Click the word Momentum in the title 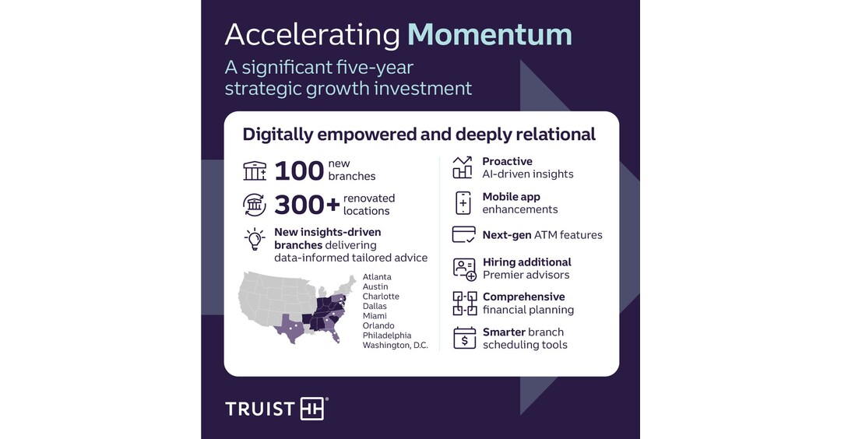coord(490,34)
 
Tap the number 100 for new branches coord(299,171)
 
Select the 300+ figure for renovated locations coord(307,205)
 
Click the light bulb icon coord(255,239)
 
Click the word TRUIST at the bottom coord(260,409)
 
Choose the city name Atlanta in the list coord(377,276)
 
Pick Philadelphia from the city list coord(387,335)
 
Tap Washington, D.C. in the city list coord(396,345)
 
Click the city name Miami coord(375,316)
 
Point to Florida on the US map coord(333,333)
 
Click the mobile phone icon coord(463,203)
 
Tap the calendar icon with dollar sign coord(464,339)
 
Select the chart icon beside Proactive coord(463,167)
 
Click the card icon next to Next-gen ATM coord(464,235)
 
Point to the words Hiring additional coord(526,262)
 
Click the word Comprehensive coord(523,297)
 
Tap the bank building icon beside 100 coord(255,171)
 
